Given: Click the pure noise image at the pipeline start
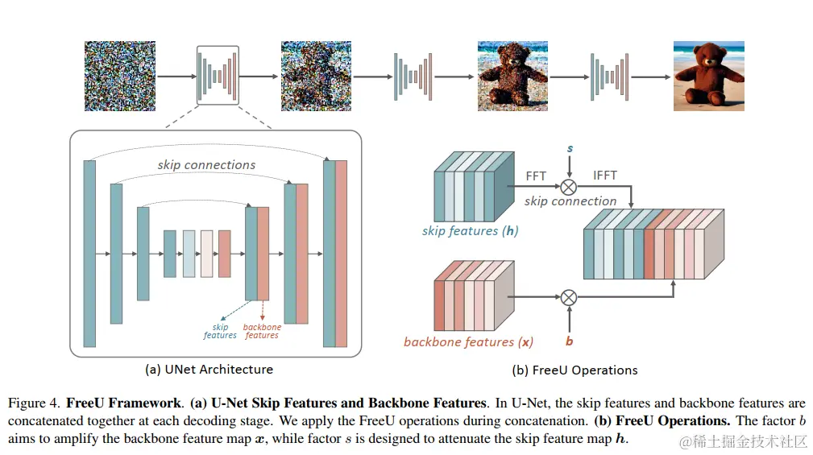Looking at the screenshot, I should coord(119,76).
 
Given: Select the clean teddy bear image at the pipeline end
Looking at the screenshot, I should coord(708,76).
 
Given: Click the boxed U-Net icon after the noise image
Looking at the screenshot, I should coord(218,76).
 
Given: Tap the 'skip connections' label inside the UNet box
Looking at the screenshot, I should coord(206,165).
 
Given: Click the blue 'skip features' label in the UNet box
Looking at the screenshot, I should coord(220,331).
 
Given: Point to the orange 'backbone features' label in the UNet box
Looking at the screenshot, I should coord(262,331).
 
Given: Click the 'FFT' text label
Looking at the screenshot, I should coord(536,176).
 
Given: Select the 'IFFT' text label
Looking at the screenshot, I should coord(604,176).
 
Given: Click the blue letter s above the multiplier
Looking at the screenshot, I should coord(570,149).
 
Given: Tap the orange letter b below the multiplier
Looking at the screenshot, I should coord(569,341).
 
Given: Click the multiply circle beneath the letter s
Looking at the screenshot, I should coord(569,186).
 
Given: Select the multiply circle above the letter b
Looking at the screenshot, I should coord(569,297).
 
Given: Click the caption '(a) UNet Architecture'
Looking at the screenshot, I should coord(209,370).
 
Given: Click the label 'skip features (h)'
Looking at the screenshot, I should coord(470,231).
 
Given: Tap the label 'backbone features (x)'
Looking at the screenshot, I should coord(468,341).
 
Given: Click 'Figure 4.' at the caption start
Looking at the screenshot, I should coord(35,402).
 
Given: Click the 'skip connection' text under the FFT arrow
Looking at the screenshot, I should coord(570,201).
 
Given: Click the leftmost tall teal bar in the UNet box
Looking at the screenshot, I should coord(89,253).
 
